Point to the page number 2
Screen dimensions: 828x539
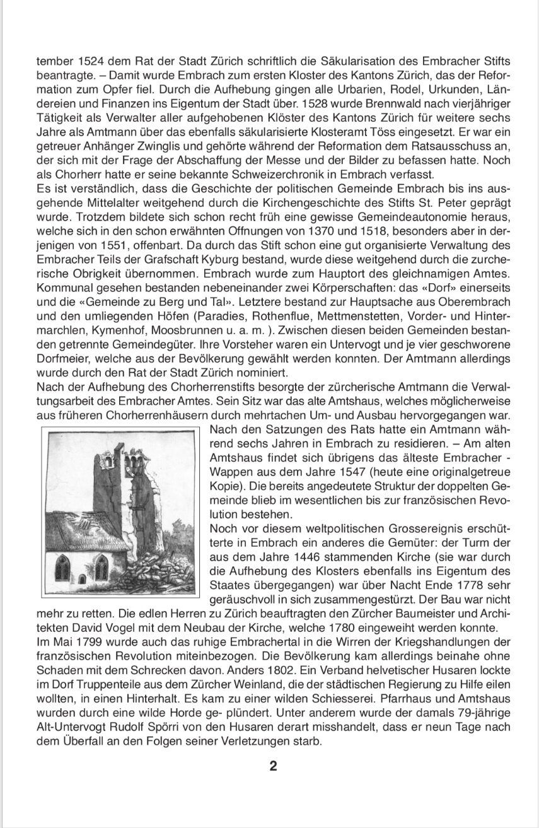pyautogui.click(x=273, y=766)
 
